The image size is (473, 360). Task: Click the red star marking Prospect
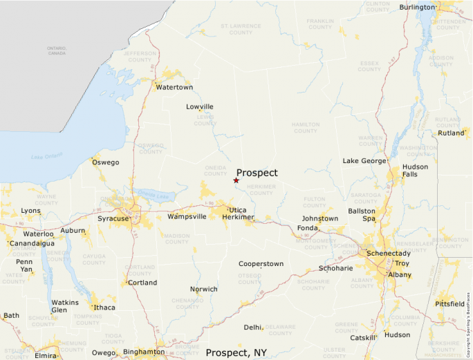(x=236, y=180)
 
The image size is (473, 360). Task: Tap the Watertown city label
(x=174, y=88)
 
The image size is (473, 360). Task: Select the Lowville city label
(x=200, y=106)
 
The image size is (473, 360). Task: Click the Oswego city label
(x=105, y=162)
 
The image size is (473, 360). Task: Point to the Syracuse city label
(x=113, y=219)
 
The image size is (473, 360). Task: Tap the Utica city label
(x=237, y=209)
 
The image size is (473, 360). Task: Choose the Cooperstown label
(x=261, y=264)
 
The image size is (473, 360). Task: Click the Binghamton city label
(x=144, y=352)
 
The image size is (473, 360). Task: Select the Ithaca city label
(x=105, y=307)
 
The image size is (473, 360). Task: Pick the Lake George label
(x=364, y=161)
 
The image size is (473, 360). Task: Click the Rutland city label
(x=451, y=133)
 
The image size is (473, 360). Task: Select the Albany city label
(x=399, y=275)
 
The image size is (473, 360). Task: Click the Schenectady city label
(x=388, y=254)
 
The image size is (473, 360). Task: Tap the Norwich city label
(x=204, y=289)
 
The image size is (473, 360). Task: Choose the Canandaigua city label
(x=31, y=243)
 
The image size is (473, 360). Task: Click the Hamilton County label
(x=306, y=127)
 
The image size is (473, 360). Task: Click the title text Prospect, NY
(x=236, y=352)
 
